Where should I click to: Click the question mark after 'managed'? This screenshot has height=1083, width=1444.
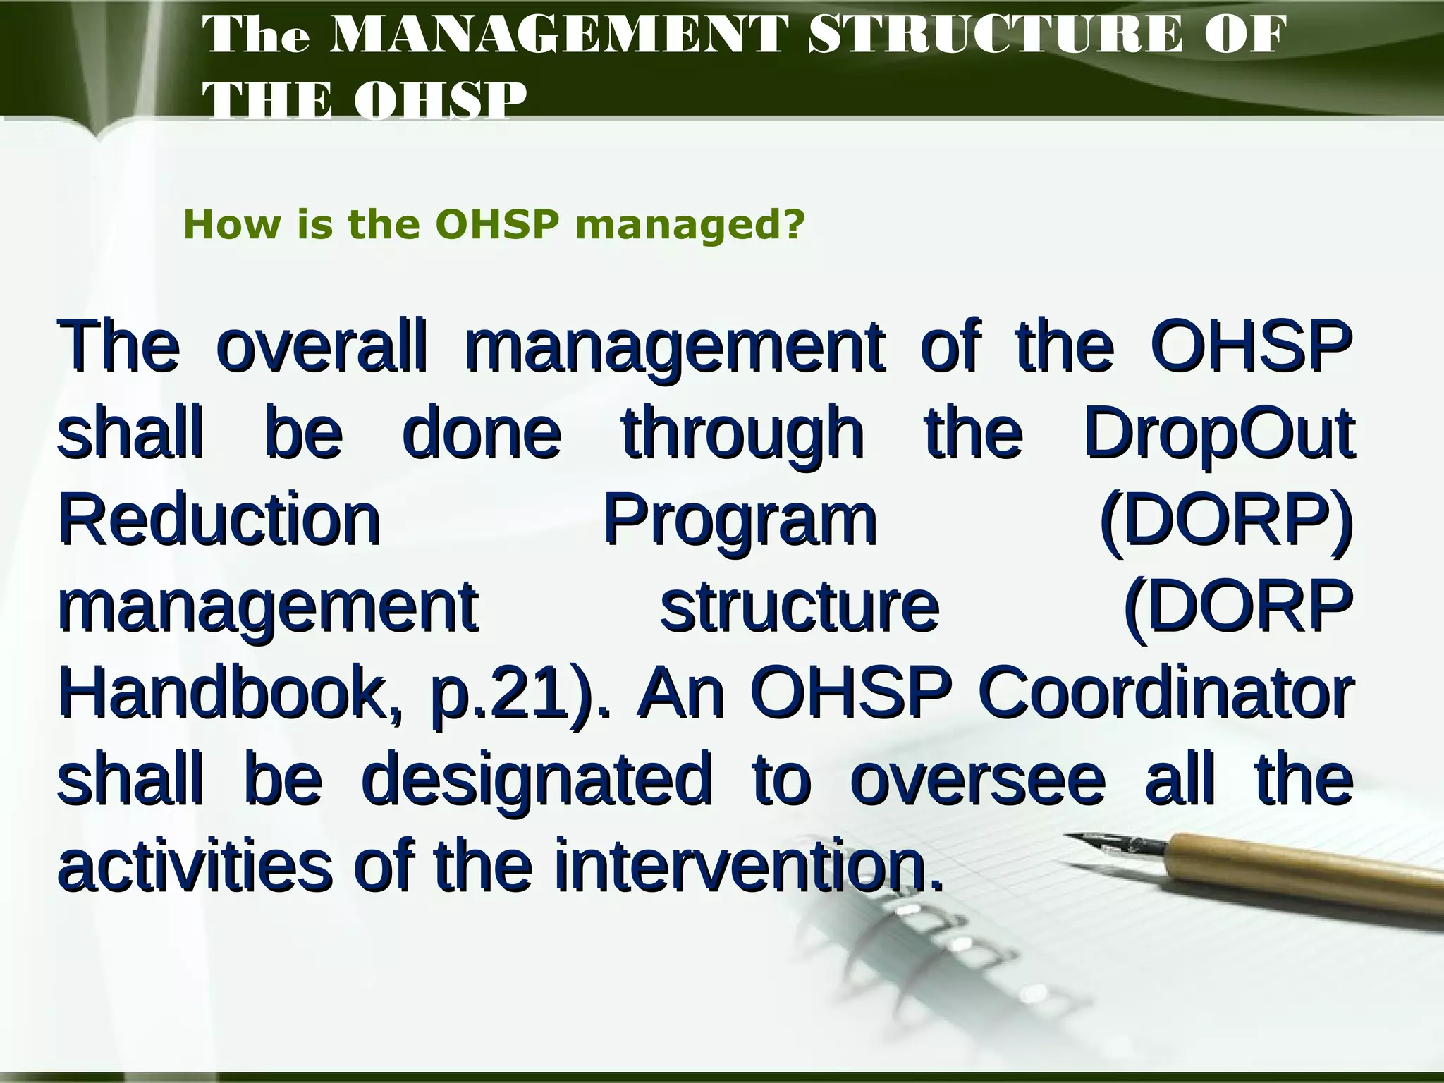[795, 225]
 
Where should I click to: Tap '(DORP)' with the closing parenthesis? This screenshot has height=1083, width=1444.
[1226, 522]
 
